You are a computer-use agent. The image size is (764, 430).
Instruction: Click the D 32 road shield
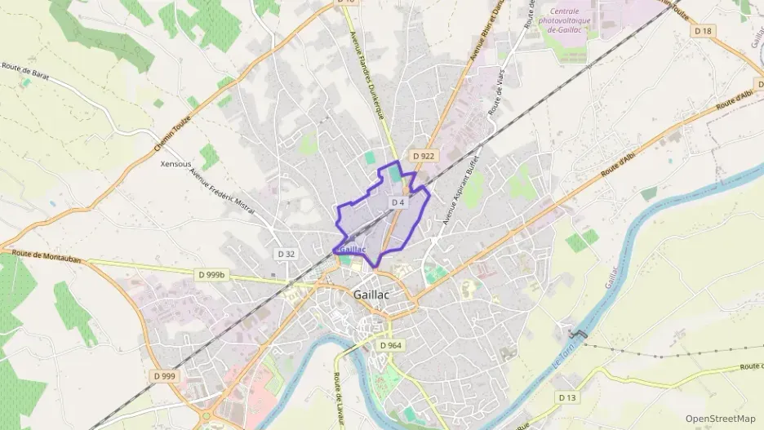[x=286, y=254]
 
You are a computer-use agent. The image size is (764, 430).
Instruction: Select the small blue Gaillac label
[x=351, y=250]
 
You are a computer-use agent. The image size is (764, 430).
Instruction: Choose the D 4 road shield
[x=398, y=202]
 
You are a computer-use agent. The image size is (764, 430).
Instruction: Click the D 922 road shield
[x=422, y=155]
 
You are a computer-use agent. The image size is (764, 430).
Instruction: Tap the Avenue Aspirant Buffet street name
[x=459, y=192]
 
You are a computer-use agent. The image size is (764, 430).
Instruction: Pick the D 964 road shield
[x=391, y=346]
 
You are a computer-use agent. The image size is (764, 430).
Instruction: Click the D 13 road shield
[x=566, y=397]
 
